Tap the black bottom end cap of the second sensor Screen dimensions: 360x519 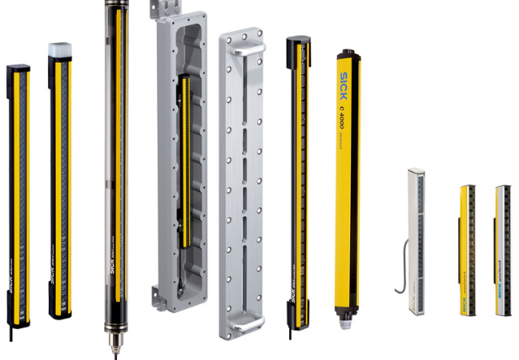(60, 310)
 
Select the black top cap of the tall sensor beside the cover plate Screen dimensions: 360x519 (296, 41)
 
